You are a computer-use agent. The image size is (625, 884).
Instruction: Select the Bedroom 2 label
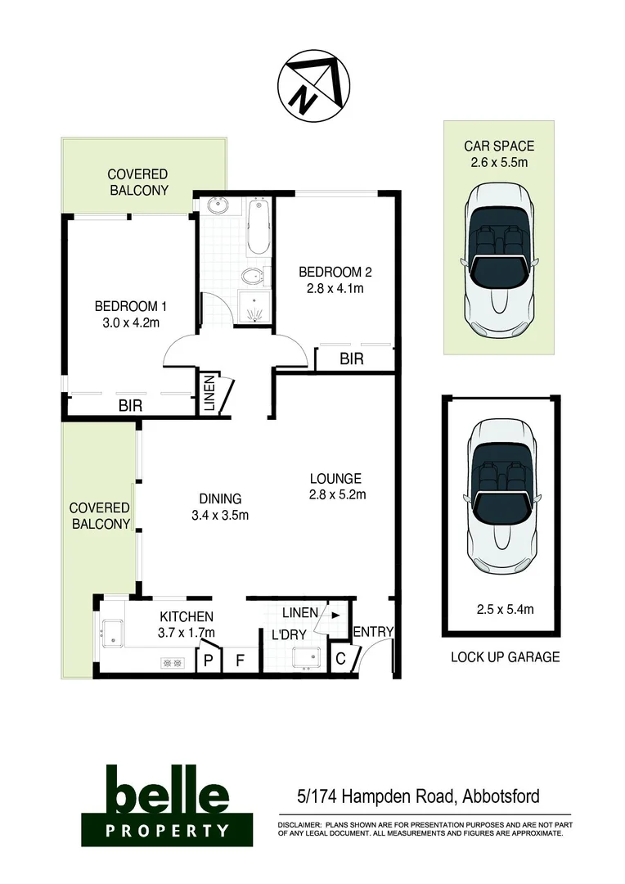[x=330, y=272]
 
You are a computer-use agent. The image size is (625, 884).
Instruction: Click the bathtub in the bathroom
[x=258, y=227]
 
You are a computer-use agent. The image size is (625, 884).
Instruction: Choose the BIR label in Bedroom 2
[x=352, y=359]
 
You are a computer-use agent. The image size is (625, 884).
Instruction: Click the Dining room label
[x=220, y=498]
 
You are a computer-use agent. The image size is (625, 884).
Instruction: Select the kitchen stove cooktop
[x=172, y=663]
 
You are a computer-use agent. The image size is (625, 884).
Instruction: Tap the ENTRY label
[x=374, y=632]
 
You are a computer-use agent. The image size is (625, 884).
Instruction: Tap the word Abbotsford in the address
[x=501, y=796]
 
